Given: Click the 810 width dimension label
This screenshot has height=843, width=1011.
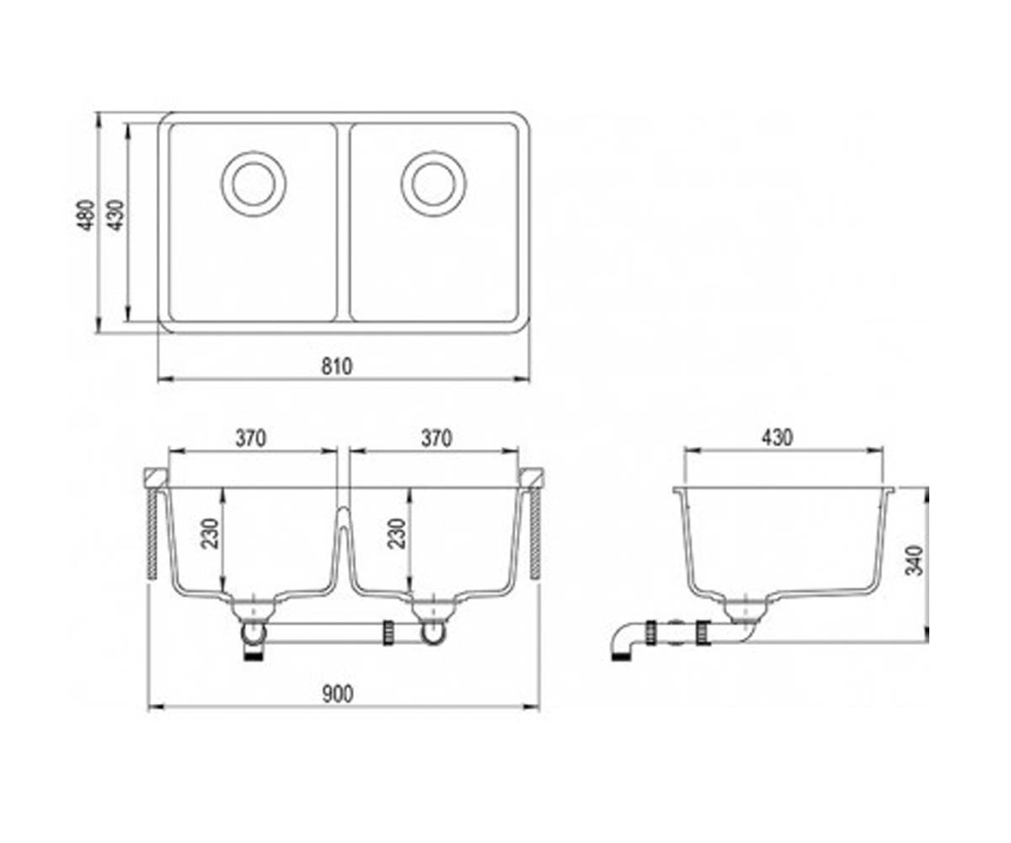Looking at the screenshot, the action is [x=337, y=367].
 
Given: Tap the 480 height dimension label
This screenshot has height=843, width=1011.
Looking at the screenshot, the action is [x=87, y=215].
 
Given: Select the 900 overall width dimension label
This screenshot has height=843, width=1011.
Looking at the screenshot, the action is [x=338, y=695].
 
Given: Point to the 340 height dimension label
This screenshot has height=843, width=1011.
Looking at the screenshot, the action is [x=915, y=561].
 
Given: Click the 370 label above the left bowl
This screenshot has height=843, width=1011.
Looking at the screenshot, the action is [x=251, y=438].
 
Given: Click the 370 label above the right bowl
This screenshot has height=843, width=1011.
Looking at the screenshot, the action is [x=436, y=438].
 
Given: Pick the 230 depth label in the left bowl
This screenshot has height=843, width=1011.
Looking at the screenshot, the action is [x=210, y=534].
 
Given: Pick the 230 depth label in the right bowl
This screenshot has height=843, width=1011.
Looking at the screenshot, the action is [x=396, y=534].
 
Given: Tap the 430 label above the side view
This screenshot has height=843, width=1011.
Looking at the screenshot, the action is [x=777, y=438].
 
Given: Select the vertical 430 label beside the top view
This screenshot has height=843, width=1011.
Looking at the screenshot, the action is [x=117, y=215].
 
